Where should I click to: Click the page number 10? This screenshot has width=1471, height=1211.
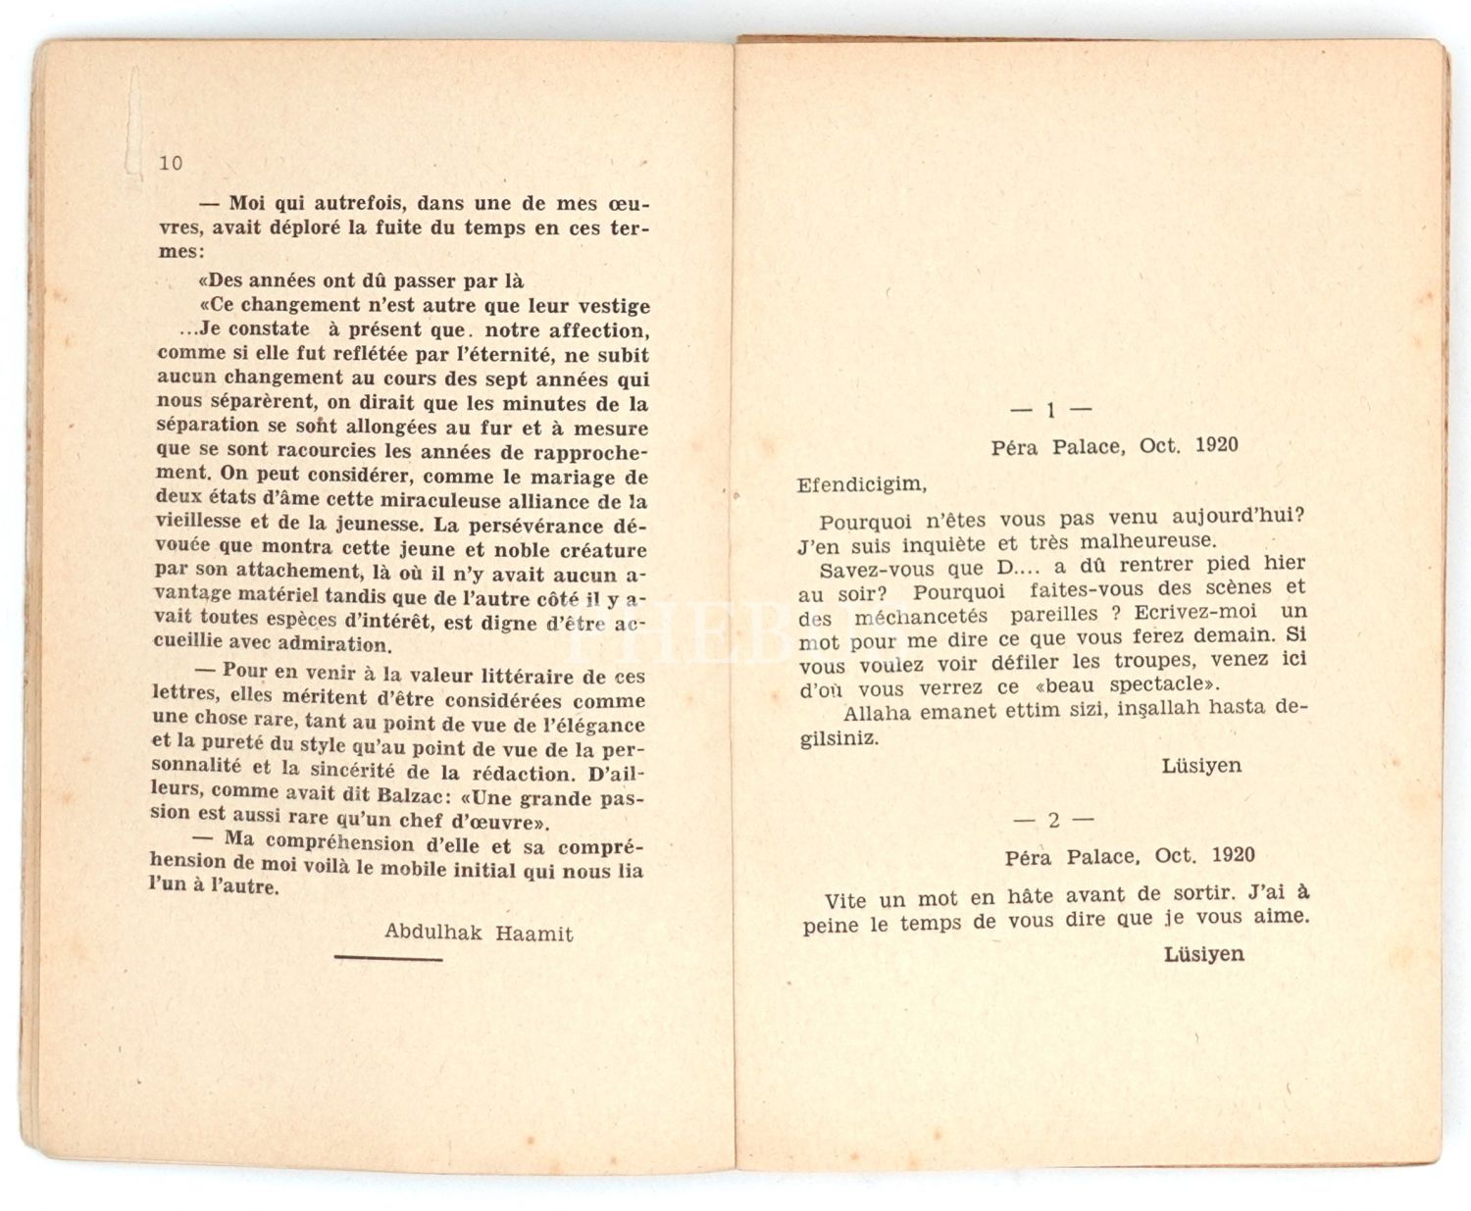(171, 163)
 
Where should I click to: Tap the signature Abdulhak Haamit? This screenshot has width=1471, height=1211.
(479, 932)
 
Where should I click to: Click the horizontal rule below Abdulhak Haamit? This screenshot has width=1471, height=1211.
(388, 958)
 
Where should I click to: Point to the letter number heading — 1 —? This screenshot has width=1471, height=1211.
(1050, 410)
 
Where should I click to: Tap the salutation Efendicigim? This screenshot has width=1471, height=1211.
(861, 483)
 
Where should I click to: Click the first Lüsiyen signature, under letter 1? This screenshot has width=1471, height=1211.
(1201, 765)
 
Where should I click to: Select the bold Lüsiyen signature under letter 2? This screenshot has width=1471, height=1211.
(1204, 952)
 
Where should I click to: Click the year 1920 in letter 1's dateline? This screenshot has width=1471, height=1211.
(1216, 444)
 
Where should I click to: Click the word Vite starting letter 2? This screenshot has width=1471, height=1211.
(846, 899)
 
